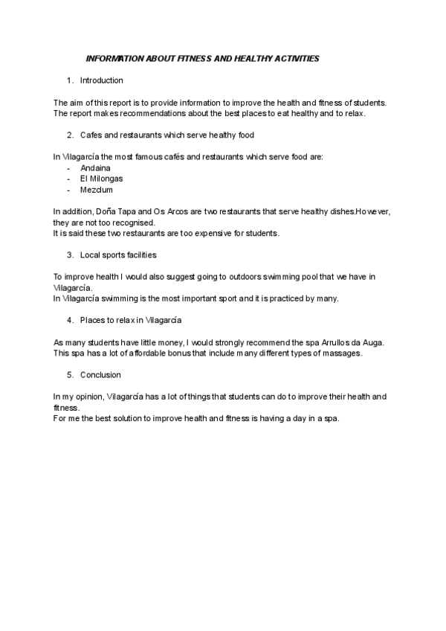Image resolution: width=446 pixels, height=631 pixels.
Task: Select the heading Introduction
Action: click(101, 80)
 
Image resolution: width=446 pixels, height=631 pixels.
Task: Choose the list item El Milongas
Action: click(102, 179)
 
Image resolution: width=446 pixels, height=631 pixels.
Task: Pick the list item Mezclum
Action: click(97, 190)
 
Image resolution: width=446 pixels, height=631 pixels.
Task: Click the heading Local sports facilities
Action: click(118, 255)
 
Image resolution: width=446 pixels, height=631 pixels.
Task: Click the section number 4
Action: click(69, 320)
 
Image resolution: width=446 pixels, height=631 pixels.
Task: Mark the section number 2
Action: click(69, 135)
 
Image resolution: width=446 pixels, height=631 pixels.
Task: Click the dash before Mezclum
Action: click(68, 190)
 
